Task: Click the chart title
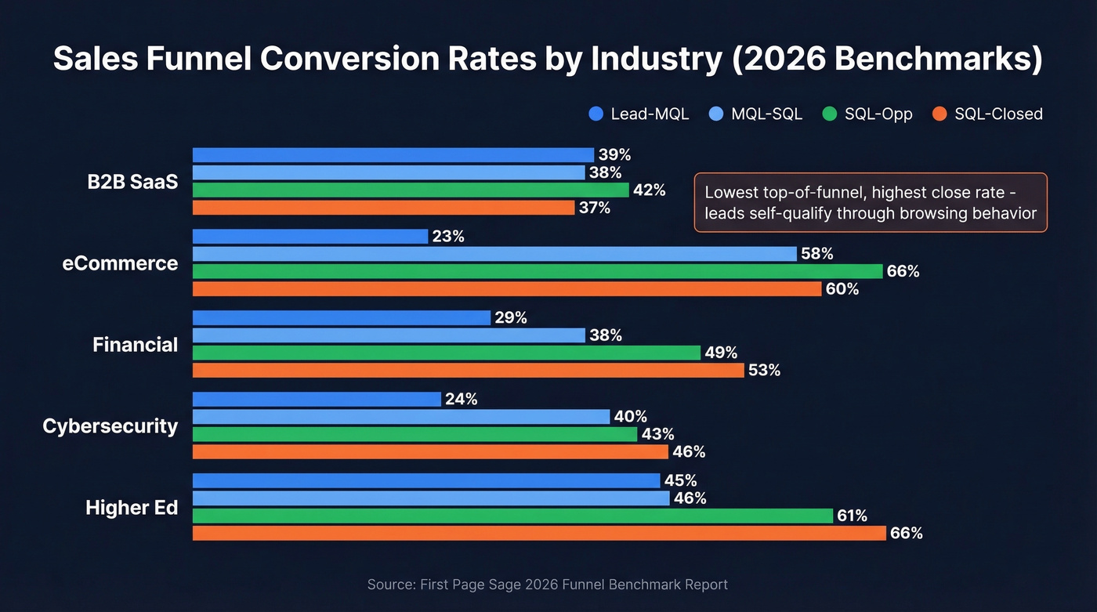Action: (548, 60)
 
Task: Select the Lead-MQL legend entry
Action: (639, 114)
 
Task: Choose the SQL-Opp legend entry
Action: (867, 114)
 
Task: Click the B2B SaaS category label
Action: (132, 182)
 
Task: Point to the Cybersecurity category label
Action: (110, 426)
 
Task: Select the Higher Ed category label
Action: (132, 508)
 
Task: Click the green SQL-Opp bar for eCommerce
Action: (537, 271)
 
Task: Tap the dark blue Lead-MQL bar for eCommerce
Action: (310, 237)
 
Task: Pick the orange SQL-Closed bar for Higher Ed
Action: (539, 533)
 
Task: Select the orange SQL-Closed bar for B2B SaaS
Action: (383, 208)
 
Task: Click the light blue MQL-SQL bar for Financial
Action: (389, 335)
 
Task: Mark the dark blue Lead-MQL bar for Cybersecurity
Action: (317, 400)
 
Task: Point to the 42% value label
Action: (649, 190)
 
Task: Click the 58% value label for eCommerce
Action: (816, 254)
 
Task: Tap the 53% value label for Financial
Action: (764, 370)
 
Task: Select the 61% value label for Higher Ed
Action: (852, 516)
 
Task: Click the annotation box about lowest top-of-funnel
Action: (871, 202)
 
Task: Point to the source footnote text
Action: (548, 585)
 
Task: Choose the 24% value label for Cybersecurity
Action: (461, 400)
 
